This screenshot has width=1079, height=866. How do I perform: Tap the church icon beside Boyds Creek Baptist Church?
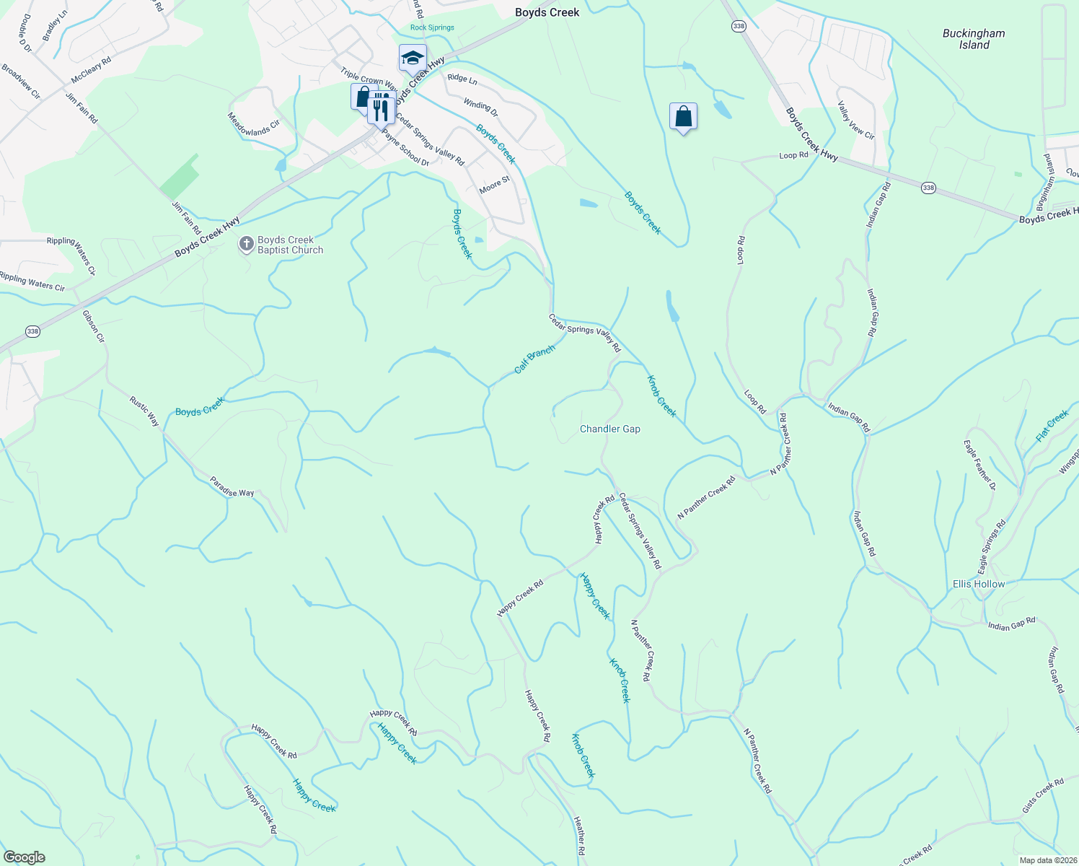pos(246,245)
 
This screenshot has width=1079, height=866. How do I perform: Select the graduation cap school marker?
pos(413,58)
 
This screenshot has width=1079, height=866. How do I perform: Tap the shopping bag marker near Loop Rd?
pos(683,116)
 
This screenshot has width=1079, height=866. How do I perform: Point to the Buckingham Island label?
pos(974,39)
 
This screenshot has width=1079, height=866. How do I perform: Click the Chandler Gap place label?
pos(610,429)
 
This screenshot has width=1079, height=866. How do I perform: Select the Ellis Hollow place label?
pos(978,584)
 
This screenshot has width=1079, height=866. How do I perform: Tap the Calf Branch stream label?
pos(534,359)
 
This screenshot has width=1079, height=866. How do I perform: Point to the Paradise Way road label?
pos(232,487)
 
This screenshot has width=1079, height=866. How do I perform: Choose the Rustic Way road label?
pos(144,411)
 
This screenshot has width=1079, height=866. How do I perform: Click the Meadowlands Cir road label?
pos(253,124)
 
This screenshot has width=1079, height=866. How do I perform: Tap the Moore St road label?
pos(494,185)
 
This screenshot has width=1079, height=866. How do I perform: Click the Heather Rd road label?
pos(580,839)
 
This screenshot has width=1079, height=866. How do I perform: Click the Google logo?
pos(24,857)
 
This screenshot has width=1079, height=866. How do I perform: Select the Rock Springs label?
pos(432,27)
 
